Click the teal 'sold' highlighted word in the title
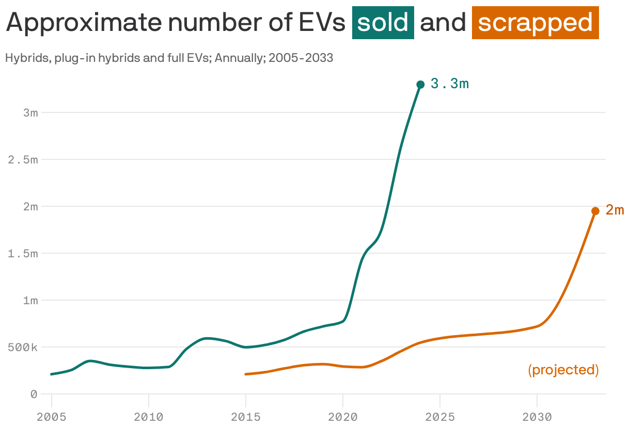[383, 23]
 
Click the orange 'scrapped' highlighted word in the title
[535, 23]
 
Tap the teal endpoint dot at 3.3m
[420, 85]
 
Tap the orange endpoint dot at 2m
[595, 211]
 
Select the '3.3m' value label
[449, 84]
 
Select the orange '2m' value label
[615, 210]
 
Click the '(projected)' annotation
[563, 370]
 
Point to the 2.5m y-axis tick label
[23, 160]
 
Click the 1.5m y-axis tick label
[23, 254]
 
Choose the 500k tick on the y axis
[23, 348]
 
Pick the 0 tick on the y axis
[34, 394]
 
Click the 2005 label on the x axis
[52, 417]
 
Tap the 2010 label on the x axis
[149, 417]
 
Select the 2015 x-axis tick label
[246, 417]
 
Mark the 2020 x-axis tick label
[343, 417]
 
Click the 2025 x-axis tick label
[440, 417]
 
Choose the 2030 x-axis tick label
[537, 417]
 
